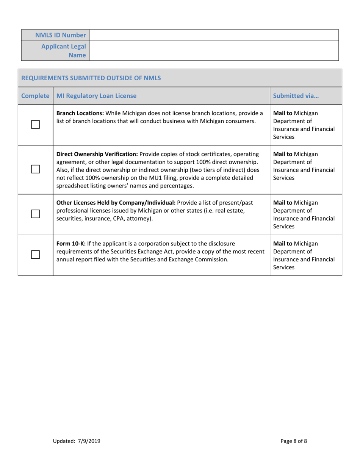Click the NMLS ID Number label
pos(61,35)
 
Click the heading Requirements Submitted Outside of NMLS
pos(91,78)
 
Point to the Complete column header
pos(35,96)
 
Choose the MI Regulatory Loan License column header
pos(96,96)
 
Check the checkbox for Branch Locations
pos(35,124)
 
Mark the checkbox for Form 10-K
pos(35,255)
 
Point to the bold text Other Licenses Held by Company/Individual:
pos(115,202)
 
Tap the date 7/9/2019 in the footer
pos(88,441)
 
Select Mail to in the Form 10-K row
pos(282,243)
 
